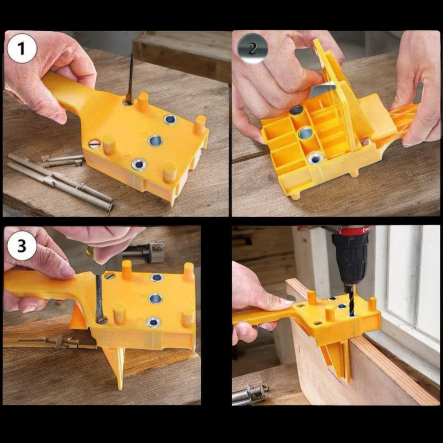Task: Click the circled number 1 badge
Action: [22, 48]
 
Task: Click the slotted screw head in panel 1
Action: [95, 144]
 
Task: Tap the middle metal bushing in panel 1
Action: [155, 141]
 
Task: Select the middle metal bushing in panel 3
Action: [155, 299]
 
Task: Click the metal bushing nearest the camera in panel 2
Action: [315, 159]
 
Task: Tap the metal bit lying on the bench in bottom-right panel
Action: [251, 395]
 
